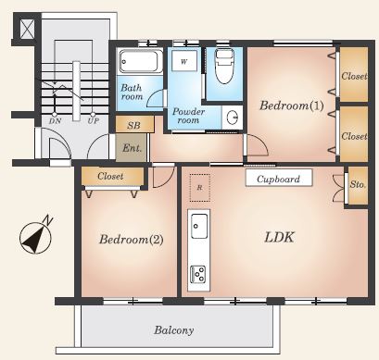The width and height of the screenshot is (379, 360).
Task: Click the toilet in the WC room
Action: [x=223, y=67]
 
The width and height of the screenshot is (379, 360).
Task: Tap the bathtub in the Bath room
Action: [x=141, y=61]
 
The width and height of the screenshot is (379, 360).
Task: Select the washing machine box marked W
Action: [x=184, y=61]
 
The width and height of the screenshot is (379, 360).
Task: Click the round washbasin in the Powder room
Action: [x=232, y=118]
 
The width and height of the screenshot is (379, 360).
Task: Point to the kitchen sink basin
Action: [x=199, y=226]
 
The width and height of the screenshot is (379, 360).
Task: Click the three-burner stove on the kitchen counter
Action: [x=198, y=274]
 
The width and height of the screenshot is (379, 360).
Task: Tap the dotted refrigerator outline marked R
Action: [x=200, y=188]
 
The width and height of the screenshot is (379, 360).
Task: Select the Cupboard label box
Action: [x=279, y=178]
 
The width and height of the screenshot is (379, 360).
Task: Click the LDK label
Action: [x=279, y=237]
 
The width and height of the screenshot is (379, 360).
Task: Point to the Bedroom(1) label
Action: [x=291, y=106]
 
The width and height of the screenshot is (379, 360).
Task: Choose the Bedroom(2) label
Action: [x=131, y=239]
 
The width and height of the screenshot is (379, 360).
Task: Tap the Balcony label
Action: [x=174, y=330]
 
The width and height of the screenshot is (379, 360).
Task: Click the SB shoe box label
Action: [x=133, y=125]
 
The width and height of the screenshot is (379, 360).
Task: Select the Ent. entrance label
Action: [x=132, y=148]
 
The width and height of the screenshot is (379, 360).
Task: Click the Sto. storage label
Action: [x=358, y=184]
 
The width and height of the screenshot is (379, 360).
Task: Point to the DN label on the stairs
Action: [x=55, y=121]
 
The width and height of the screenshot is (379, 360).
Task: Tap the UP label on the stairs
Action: [x=93, y=121]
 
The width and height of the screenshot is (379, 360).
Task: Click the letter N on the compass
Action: [x=47, y=220]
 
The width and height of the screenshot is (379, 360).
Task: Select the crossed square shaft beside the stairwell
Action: [x=27, y=29]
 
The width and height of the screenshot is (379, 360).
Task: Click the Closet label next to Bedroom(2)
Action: [x=110, y=176]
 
